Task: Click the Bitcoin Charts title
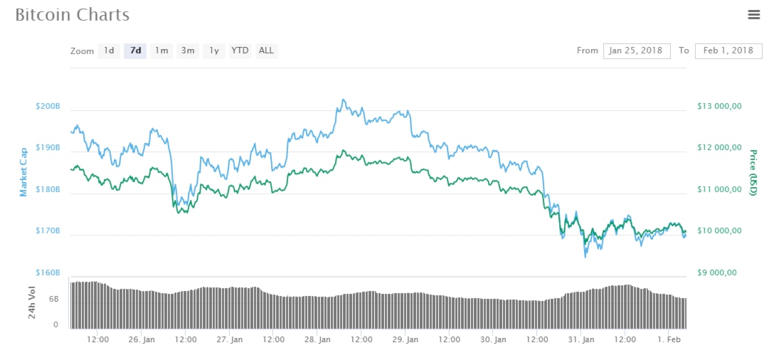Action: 73,15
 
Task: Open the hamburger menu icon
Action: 754,14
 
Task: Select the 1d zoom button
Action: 108,51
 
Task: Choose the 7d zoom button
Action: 135,51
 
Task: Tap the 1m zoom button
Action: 161,51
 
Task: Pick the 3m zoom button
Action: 188,51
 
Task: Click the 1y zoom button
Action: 214,51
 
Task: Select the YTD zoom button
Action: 240,51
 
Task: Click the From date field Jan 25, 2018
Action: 637,51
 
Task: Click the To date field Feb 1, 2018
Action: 728,51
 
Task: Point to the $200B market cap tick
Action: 48,107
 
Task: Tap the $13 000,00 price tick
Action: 719,107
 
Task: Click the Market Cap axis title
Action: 23,171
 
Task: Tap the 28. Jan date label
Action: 319,340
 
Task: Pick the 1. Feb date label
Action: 668,340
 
